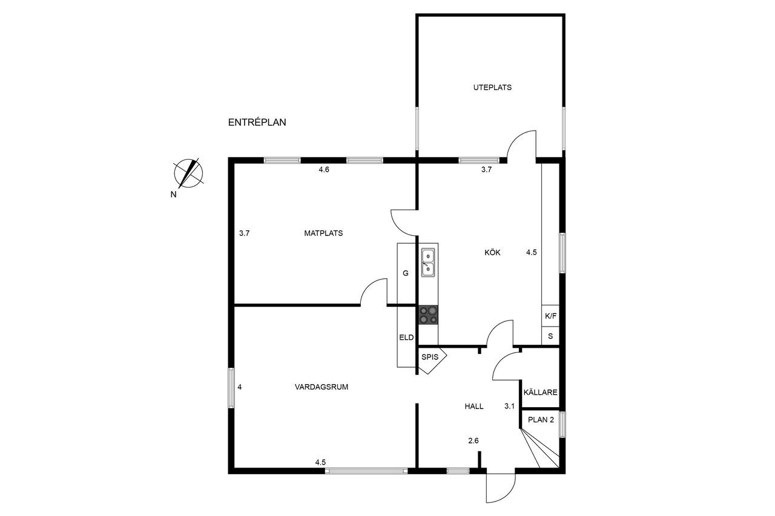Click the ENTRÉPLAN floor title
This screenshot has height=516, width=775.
click(x=257, y=122)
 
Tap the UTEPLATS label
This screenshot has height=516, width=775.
click(x=492, y=88)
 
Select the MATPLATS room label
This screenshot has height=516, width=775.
click(x=323, y=234)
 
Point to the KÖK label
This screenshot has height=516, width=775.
click(x=492, y=252)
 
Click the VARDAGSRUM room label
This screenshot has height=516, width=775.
click(x=322, y=387)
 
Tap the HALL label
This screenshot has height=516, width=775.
click(x=474, y=407)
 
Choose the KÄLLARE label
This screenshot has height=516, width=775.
click(x=541, y=392)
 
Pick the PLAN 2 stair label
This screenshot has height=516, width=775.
click(x=541, y=420)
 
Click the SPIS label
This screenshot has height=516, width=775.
click(x=430, y=358)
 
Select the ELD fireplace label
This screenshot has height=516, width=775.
click(x=406, y=338)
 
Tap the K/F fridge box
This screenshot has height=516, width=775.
click(x=550, y=316)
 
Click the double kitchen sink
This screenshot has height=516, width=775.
click(x=428, y=263)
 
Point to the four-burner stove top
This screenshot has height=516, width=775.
click(x=429, y=315)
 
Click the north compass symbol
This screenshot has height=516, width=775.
click(x=188, y=173)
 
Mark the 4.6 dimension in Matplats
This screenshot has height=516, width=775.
click(x=324, y=170)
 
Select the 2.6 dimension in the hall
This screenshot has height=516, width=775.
click(x=473, y=440)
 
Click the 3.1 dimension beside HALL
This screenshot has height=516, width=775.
click(x=509, y=407)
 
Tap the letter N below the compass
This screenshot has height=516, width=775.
click(x=173, y=195)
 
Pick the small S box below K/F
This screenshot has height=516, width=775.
click(x=550, y=336)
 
